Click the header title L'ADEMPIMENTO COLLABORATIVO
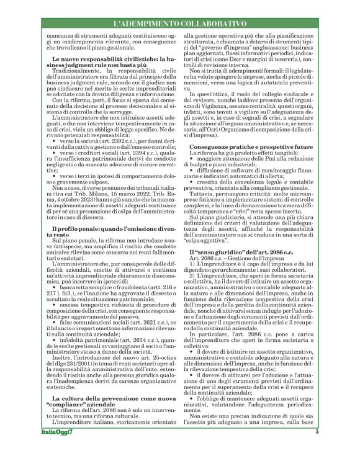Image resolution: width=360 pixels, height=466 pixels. (179, 22)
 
